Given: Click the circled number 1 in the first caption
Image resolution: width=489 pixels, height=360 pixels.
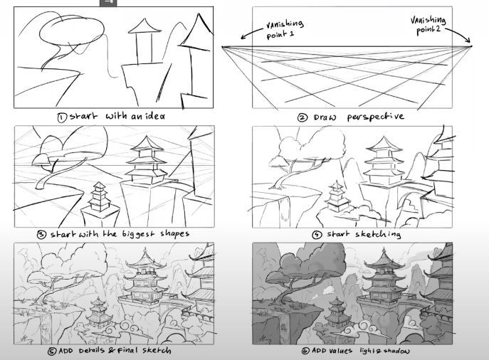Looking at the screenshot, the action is (x=61, y=117).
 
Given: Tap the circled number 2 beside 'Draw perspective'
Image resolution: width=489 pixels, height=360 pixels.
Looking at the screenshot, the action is (x=303, y=118).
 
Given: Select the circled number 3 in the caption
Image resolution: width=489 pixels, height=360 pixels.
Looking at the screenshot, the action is (x=42, y=234).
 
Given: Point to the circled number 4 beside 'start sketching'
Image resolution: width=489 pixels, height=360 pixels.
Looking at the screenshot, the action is (x=317, y=234).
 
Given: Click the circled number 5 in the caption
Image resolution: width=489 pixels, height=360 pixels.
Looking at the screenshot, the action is (x=53, y=351).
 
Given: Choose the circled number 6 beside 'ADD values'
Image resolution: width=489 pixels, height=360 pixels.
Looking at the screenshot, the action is (x=305, y=351).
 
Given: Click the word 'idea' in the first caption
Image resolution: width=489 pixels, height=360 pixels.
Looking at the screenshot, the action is (x=155, y=116).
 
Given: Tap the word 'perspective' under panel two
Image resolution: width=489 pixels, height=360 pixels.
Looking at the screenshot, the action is (x=376, y=117).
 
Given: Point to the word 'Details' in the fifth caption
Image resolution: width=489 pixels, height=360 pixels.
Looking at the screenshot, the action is (x=92, y=350).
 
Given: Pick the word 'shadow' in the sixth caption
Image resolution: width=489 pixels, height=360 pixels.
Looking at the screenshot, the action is (x=396, y=351).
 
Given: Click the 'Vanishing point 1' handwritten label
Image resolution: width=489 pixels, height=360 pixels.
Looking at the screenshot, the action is (x=284, y=29).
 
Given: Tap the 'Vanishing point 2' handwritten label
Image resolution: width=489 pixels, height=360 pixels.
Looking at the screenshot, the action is (x=428, y=25).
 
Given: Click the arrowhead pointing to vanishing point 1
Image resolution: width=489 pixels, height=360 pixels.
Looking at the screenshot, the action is (x=243, y=37).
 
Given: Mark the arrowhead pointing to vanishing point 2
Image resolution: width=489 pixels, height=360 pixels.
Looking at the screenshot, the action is (x=468, y=40).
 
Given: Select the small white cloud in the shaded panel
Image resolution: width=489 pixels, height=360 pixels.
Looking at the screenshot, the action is (x=327, y=290).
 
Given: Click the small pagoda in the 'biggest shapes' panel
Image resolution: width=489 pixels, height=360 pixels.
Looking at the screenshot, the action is (x=100, y=196).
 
